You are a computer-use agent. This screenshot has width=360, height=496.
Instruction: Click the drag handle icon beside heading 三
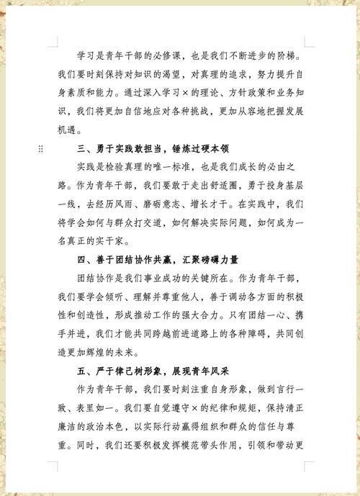pos(40,148)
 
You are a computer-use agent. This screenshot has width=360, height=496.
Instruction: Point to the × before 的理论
pos(185,93)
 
